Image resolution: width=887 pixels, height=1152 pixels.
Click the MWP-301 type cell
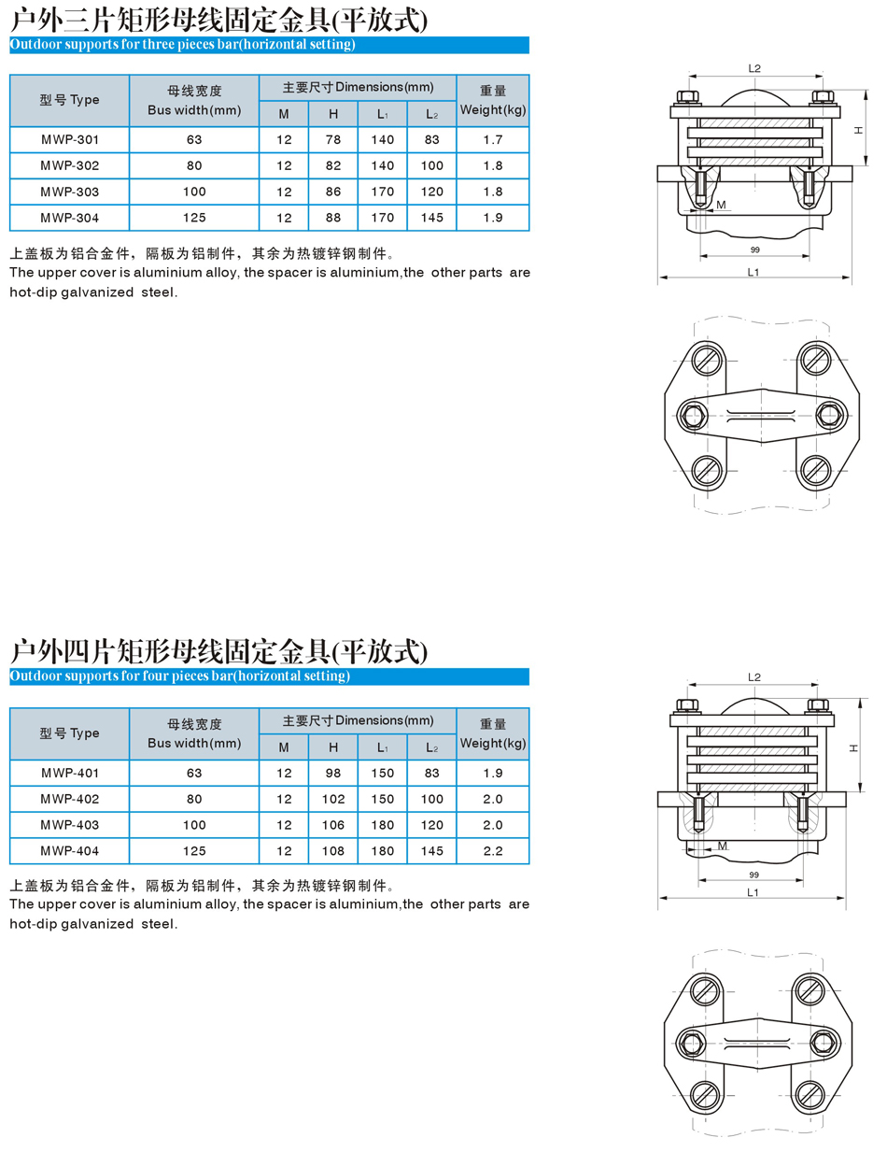pos(69,140)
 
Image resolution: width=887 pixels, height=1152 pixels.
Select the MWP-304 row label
pos(69,218)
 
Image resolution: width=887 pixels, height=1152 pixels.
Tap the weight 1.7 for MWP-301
pos(493,140)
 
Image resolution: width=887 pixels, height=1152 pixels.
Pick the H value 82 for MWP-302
pos(333,165)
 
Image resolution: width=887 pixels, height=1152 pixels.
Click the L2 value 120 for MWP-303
pos(431,192)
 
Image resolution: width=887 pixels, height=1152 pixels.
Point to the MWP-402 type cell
pos(69,799)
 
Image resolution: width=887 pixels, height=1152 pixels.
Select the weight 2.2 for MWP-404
pos(493,851)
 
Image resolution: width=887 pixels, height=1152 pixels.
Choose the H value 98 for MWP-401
pos(333,773)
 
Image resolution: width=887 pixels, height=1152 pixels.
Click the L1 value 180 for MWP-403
pos(382,825)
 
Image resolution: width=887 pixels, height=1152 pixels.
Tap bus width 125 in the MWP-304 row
pos(194,218)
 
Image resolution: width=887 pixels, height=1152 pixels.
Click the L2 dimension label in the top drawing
pos(754,68)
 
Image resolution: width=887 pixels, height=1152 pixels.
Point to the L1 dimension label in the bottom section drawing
pos(753,892)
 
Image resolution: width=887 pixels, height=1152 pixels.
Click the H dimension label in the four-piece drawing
pos(855,747)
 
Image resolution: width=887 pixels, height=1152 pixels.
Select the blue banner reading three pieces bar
pos(269,45)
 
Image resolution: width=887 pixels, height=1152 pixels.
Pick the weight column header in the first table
pos(493,101)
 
